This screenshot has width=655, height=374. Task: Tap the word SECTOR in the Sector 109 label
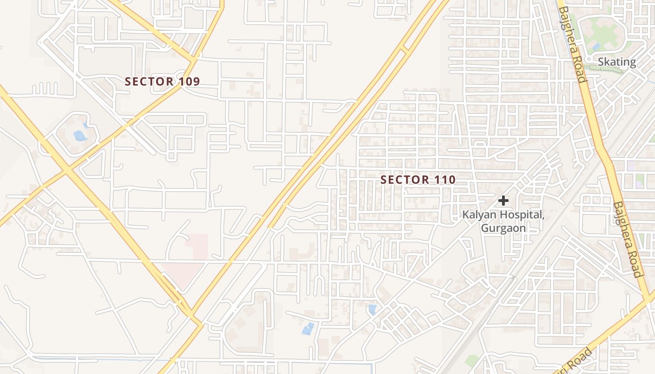point(149,81)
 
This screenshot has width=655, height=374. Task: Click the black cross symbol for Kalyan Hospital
point(503,201)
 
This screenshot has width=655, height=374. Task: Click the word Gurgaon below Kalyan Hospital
point(503,229)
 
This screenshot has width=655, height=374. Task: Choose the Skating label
point(617,62)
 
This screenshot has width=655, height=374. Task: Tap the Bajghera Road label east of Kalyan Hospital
point(627,239)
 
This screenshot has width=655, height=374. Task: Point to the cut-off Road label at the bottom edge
point(580,362)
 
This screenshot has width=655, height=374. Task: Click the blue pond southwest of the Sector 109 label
point(80,136)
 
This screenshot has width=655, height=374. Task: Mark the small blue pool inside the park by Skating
point(596,47)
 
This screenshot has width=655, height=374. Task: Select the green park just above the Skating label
point(604,33)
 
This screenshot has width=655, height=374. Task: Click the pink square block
point(196,246)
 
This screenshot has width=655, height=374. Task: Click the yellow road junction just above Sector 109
point(193,60)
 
